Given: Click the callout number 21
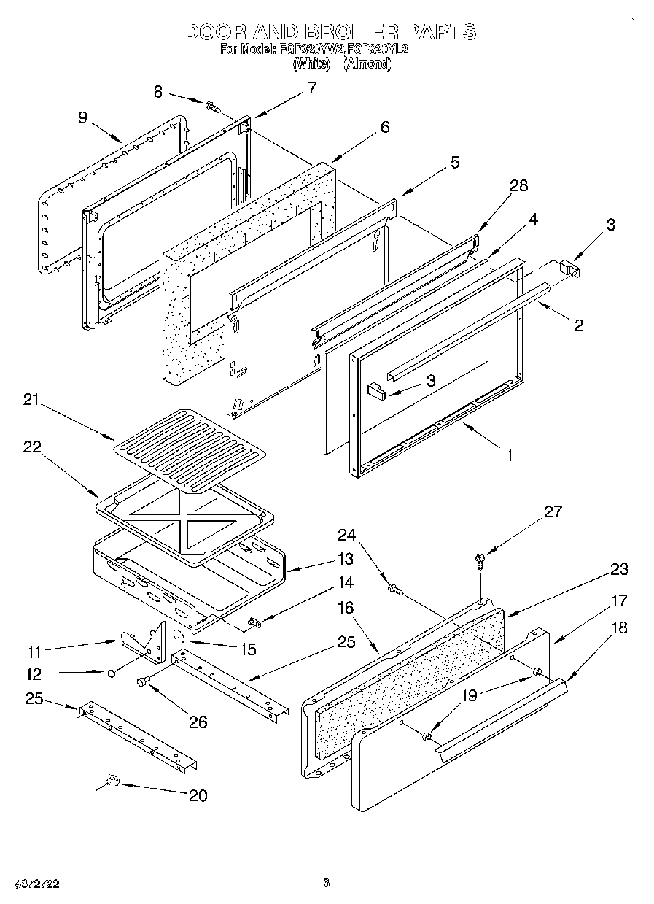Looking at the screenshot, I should [x=31, y=401].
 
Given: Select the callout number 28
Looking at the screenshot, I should [x=518, y=185].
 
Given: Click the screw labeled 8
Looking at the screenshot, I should [x=213, y=107].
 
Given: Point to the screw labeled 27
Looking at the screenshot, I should [x=480, y=560].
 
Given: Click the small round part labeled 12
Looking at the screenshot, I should [x=111, y=672].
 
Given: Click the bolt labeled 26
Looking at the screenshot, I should [x=142, y=681].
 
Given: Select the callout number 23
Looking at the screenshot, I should [x=620, y=569].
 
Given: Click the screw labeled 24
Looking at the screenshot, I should [x=394, y=587].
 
